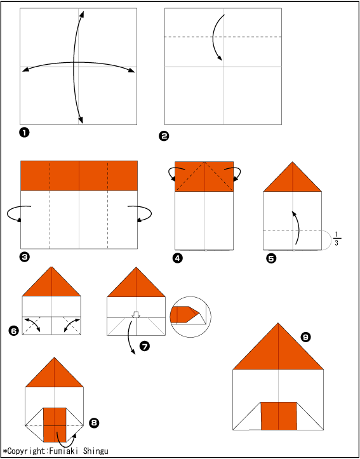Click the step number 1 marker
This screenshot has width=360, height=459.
click(24, 133)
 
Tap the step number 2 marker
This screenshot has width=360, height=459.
click(164, 136)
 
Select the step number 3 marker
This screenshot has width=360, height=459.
click(24, 257)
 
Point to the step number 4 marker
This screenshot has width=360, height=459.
click(178, 258)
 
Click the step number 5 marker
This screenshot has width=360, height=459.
click(271, 258)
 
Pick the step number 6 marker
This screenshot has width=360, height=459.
click(14, 331)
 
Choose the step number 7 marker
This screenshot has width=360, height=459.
click(145, 346)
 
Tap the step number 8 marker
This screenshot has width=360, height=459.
click(95, 423)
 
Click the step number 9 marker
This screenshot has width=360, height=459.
click(305, 338)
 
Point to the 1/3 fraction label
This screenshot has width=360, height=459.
click(337, 239)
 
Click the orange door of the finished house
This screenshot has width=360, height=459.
click(278, 416)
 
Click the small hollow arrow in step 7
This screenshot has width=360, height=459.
click(136, 315)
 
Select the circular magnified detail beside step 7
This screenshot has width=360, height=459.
click(190, 317)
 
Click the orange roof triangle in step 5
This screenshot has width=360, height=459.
click(293, 182)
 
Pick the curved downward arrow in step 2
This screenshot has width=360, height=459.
click(217, 37)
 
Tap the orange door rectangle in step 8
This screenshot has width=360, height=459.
click(55, 425)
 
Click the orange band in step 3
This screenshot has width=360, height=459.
click(79, 176)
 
